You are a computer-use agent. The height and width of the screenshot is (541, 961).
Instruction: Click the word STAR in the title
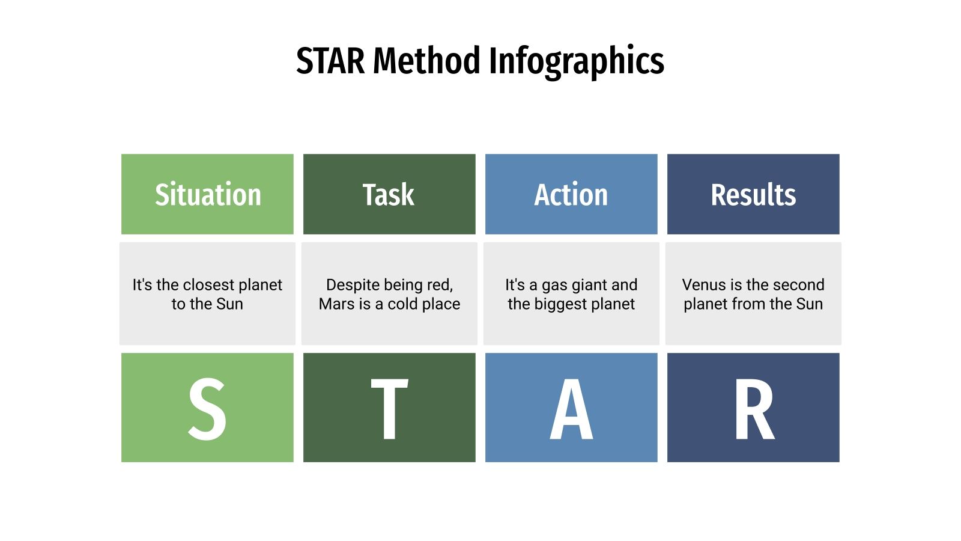click(x=330, y=61)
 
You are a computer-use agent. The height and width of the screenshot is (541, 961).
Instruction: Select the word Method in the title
click(x=426, y=61)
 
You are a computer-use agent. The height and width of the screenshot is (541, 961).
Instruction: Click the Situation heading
click(x=208, y=195)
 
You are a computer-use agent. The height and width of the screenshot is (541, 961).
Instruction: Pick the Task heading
click(x=389, y=195)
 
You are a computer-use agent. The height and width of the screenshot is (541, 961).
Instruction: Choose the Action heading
click(x=571, y=195)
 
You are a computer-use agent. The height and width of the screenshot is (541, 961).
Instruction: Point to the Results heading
click(x=753, y=195)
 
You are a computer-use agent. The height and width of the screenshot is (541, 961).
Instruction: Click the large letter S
click(x=207, y=409)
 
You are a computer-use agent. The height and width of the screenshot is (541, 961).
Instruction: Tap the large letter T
click(x=389, y=409)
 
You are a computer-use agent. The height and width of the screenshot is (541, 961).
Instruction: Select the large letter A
click(x=571, y=409)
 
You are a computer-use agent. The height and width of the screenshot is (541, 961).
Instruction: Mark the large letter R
click(x=754, y=409)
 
